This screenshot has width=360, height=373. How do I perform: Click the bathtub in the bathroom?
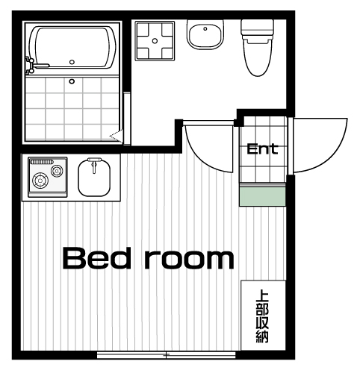[72, 47]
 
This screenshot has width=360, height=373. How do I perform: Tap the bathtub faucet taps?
[31, 66]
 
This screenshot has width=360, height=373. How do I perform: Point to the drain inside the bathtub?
[72, 62]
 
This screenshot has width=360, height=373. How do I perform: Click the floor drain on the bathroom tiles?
[72, 81]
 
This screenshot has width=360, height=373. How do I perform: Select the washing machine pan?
[155, 41]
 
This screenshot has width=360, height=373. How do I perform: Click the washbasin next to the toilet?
[205, 35]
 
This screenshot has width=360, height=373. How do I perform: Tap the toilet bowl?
[258, 58]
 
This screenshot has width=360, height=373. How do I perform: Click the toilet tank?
[258, 28]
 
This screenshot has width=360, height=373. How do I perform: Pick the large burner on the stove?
[40, 181]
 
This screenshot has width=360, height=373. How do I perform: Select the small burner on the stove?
[56, 171]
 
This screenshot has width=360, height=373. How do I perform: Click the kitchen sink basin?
[94, 178]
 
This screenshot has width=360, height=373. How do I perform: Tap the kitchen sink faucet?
[94, 165]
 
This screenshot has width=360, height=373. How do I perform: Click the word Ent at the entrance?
[262, 149]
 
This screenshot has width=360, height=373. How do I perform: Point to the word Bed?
[97, 258]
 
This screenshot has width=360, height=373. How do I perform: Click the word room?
[190, 259]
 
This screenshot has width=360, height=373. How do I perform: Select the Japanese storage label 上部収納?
[263, 316]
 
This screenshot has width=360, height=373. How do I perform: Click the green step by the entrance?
[262, 196]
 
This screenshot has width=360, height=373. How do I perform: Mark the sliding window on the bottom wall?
[166, 355]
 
